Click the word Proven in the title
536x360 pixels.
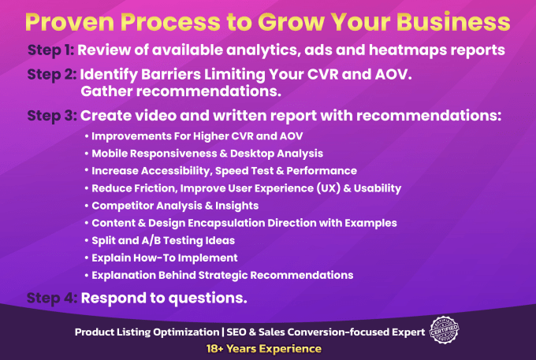pyautogui.click(x=69, y=22)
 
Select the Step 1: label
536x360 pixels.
pyautogui.click(x=50, y=50)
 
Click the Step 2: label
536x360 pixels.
pyautogui.click(x=52, y=75)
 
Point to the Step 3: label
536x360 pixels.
pyautogui.click(x=52, y=116)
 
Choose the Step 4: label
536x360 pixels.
pyautogui.click(x=52, y=298)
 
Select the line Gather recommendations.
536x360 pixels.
pyautogui.click(x=181, y=91)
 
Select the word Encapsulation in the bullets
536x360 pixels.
pyautogui.click(x=226, y=223)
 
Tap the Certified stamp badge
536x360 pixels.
pyautogui.click(x=444, y=330)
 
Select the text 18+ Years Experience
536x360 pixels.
pyautogui.click(x=264, y=349)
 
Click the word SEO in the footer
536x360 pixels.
pyautogui.click(x=237, y=332)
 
